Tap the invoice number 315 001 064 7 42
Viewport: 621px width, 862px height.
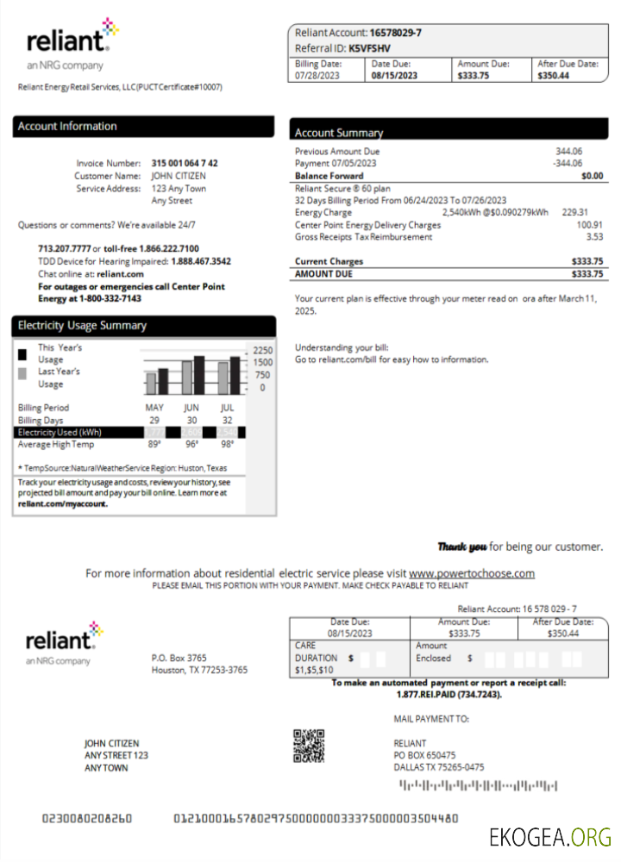(x=185, y=163)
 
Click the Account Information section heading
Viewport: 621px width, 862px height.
(x=67, y=127)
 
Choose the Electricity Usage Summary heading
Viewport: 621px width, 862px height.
(x=83, y=326)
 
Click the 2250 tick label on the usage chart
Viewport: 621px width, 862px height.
(x=262, y=350)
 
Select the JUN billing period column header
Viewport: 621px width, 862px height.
(x=191, y=408)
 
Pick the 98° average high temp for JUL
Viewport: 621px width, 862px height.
(x=227, y=445)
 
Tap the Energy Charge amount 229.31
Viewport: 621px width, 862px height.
(x=574, y=212)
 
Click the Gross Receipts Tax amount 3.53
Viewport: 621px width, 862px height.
(x=594, y=236)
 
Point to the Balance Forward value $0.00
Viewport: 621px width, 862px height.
(x=593, y=176)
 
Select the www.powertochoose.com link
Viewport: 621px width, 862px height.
(x=472, y=573)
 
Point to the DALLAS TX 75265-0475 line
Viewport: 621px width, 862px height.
(x=438, y=767)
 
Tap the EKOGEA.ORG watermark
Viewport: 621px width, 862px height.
(x=549, y=836)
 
